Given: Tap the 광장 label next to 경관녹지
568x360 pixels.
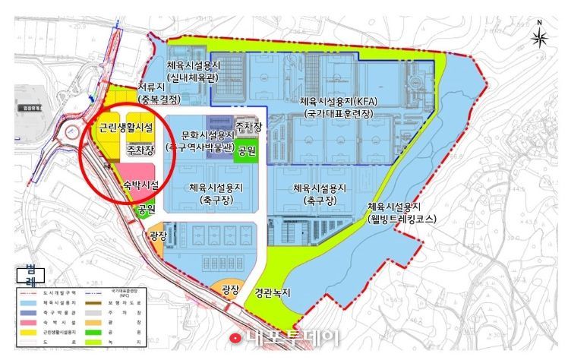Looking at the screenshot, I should [230, 289].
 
